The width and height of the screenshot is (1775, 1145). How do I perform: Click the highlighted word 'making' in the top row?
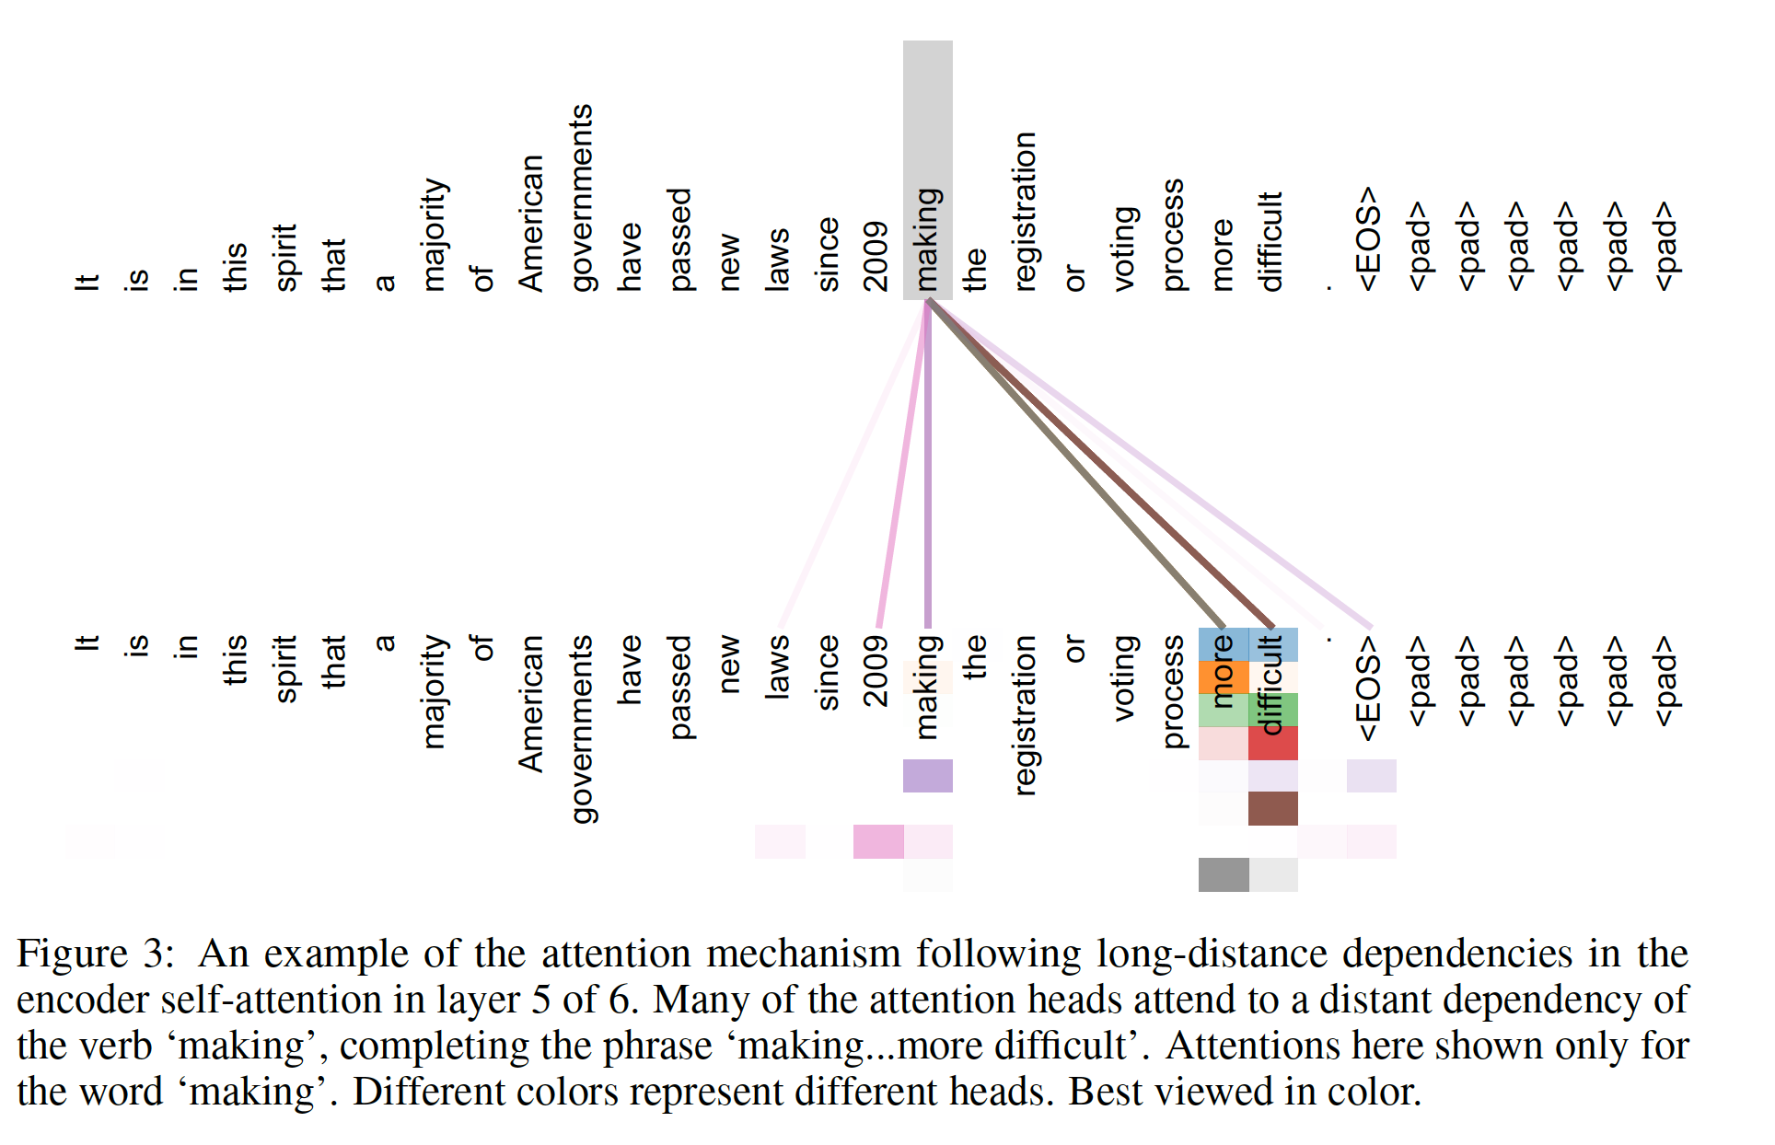pyautogui.click(x=928, y=239)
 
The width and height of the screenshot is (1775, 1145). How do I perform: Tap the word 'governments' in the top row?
pyautogui.click(x=582, y=198)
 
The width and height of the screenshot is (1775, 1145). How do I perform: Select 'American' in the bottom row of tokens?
pyautogui.click(x=531, y=703)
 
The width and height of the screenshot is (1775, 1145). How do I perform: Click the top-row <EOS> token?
pyautogui.click(x=1369, y=239)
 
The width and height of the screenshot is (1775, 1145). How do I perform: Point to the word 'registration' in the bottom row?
pyautogui.click(x=1025, y=714)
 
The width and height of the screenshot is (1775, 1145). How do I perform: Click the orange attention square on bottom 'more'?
pyautogui.click(x=1224, y=677)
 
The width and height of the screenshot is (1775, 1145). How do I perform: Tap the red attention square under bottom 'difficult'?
pyautogui.click(x=1273, y=743)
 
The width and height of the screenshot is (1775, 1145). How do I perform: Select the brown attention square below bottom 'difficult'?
pyautogui.click(x=1273, y=808)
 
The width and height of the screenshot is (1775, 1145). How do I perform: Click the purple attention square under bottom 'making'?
pyautogui.click(x=928, y=776)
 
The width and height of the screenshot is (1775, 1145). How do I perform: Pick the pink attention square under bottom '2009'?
pyautogui.click(x=878, y=841)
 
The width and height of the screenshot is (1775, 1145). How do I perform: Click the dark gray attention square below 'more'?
pyautogui.click(x=1224, y=874)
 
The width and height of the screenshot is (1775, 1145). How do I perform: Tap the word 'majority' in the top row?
pyautogui.click(x=434, y=235)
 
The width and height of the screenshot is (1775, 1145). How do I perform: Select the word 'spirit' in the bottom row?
pyautogui.click(x=285, y=668)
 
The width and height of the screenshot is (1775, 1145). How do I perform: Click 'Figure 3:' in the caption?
pyautogui.click(x=95, y=954)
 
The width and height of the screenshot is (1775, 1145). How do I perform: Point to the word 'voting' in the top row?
pyautogui.click(x=1124, y=249)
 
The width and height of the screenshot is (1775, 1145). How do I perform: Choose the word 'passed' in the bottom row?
pyautogui.click(x=679, y=687)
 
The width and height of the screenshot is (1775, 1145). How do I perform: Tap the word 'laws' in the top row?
pyautogui.click(x=778, y=260)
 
